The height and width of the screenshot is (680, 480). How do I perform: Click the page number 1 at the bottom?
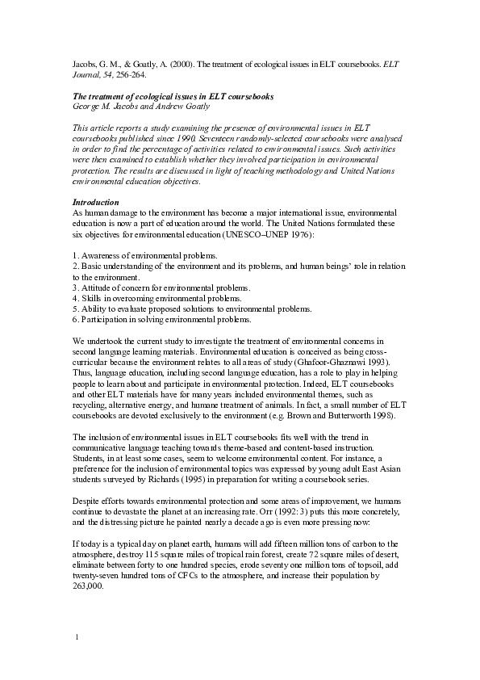click(x=75, y=638)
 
